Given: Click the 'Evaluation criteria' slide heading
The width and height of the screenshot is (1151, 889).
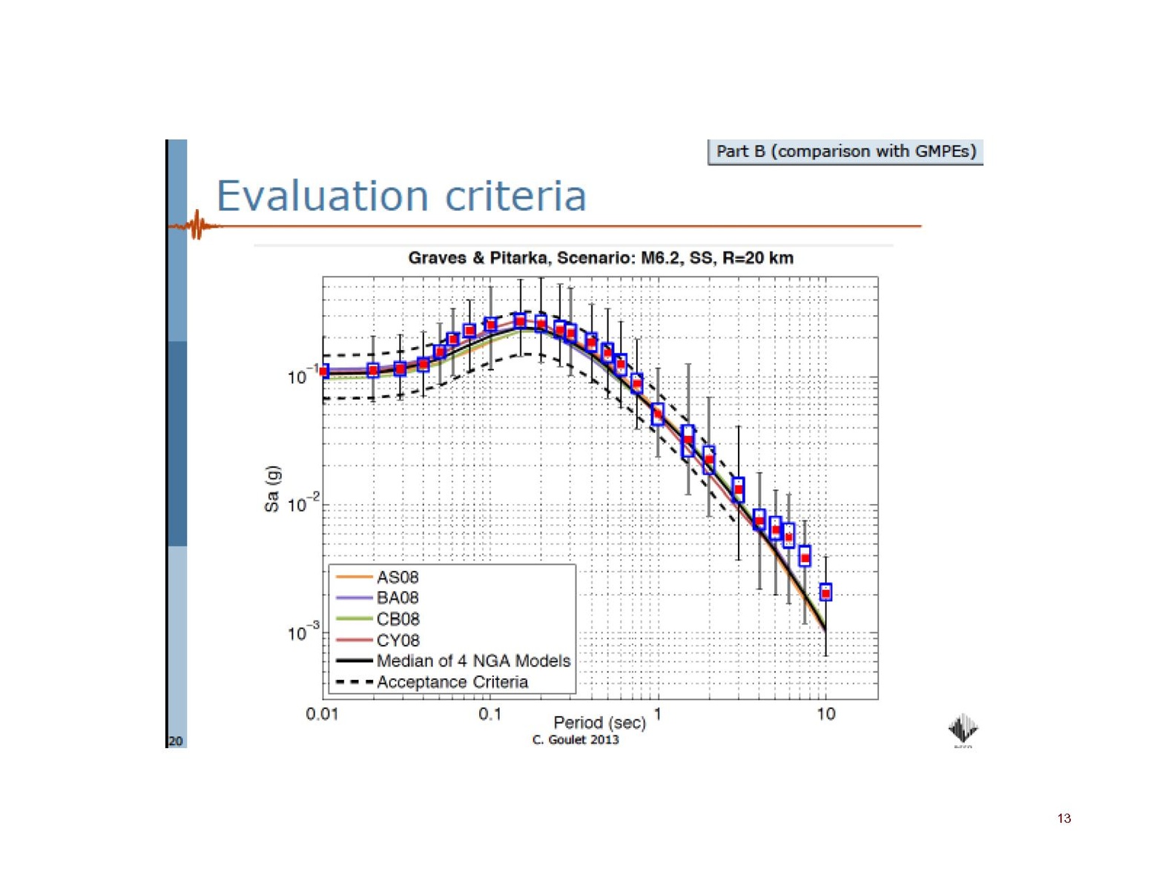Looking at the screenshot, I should (400, 196).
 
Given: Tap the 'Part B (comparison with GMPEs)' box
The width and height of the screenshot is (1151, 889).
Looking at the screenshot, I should (845, 151).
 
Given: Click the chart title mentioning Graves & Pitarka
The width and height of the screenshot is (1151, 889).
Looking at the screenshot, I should (601, 258).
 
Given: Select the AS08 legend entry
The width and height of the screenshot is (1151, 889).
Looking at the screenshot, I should (398, 577).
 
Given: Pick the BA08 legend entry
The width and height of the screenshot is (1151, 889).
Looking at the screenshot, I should (398, 598).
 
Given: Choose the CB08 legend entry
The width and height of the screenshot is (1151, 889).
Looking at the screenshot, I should (398, 619).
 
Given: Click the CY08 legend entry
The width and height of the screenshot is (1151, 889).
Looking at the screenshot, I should (398, 640).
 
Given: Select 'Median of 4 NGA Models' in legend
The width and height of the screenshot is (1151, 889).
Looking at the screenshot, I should (473, 661).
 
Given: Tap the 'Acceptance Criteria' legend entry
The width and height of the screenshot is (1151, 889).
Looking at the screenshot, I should (452, 682).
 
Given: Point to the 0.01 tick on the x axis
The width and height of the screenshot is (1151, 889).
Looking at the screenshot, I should (322, 714).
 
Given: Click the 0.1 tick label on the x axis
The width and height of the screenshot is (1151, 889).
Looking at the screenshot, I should (489, 714).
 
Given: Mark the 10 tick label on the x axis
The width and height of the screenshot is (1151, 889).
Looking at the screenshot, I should (826, 714).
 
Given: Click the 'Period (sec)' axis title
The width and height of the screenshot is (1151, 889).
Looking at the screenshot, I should (599, 722).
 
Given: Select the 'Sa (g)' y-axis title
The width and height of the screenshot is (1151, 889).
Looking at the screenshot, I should (271, 489).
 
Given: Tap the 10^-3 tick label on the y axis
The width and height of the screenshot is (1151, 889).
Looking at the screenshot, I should (303, 632).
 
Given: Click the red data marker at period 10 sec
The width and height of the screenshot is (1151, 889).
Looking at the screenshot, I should (825, 593).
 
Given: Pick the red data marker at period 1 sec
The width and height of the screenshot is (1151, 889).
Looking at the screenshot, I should (658, 414).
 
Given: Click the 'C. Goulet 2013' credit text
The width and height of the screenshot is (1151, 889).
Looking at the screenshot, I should (575, 740).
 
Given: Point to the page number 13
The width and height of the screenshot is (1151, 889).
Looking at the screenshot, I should (1064, 819).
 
